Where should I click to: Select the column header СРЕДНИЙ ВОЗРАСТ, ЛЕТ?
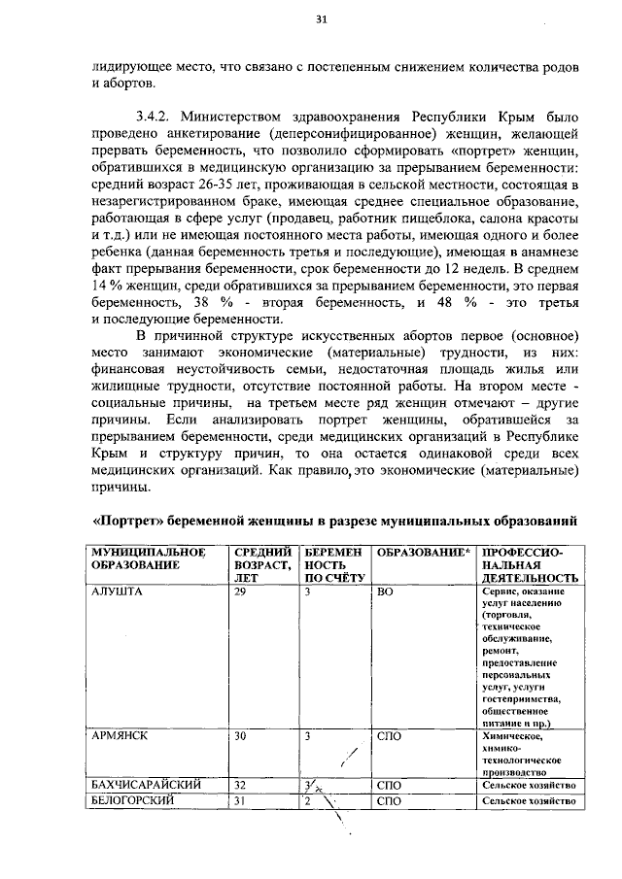click(262, 564)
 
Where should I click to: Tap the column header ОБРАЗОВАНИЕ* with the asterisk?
click(423, 552)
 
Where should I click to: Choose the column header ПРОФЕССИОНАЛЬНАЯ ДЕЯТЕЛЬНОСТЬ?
click(529, 564)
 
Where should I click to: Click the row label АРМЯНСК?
click(120, 736)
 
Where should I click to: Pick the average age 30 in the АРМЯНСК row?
click(240, 736)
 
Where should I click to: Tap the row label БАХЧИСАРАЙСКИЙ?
click(147, 785)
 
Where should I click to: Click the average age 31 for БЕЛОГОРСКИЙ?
click(240, 801)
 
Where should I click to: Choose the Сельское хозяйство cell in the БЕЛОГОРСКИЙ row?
click(529, 802)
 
